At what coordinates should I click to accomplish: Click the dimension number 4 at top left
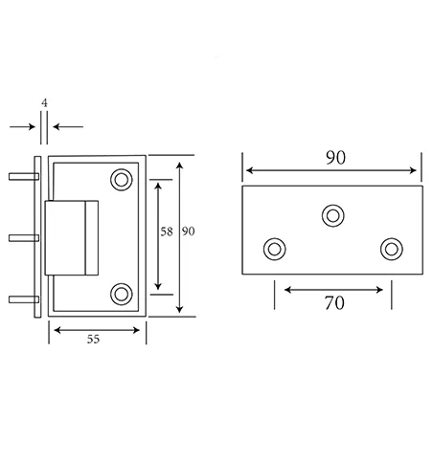[44, 100]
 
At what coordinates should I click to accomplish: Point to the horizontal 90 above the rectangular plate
[332, 157]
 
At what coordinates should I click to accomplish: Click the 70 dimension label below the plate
[332, 303]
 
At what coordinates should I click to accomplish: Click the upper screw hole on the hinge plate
[122, 179]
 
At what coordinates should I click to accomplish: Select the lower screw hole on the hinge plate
[122, 293]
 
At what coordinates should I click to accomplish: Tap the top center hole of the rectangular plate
[333, 214]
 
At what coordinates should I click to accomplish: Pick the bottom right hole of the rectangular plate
[390, 250]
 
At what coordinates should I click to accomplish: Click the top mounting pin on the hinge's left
[21, 176]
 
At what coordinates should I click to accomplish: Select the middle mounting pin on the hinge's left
[21, 236]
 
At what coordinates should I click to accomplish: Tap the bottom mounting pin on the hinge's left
[21, 298]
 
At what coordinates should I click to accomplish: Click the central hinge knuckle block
[72, 236]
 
